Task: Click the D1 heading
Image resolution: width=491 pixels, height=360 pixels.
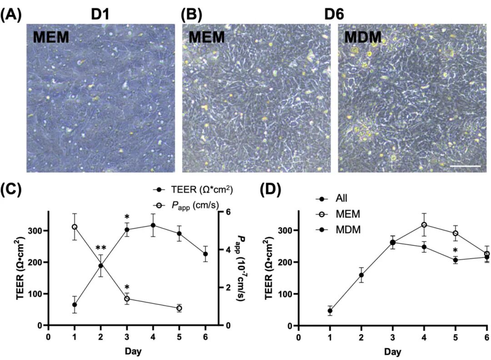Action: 100,15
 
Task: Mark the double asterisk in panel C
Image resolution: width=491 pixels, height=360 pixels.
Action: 101,249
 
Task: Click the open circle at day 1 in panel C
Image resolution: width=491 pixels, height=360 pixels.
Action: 75,227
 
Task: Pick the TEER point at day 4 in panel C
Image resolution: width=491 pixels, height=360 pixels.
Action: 153,225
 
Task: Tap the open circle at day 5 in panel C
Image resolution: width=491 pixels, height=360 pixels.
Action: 179,308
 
